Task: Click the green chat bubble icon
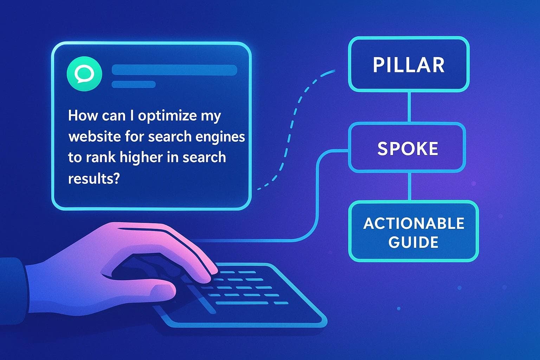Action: pos(84,74)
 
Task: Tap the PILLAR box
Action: pos(409,65)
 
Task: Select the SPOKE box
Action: pos(407,148)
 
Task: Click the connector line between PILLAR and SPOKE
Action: pos(409,107)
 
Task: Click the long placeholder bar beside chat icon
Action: pos(174,70)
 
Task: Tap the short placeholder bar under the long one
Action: pos(134,84)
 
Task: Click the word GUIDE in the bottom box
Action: pos(413,242)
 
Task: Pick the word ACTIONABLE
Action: pos(413,224)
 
